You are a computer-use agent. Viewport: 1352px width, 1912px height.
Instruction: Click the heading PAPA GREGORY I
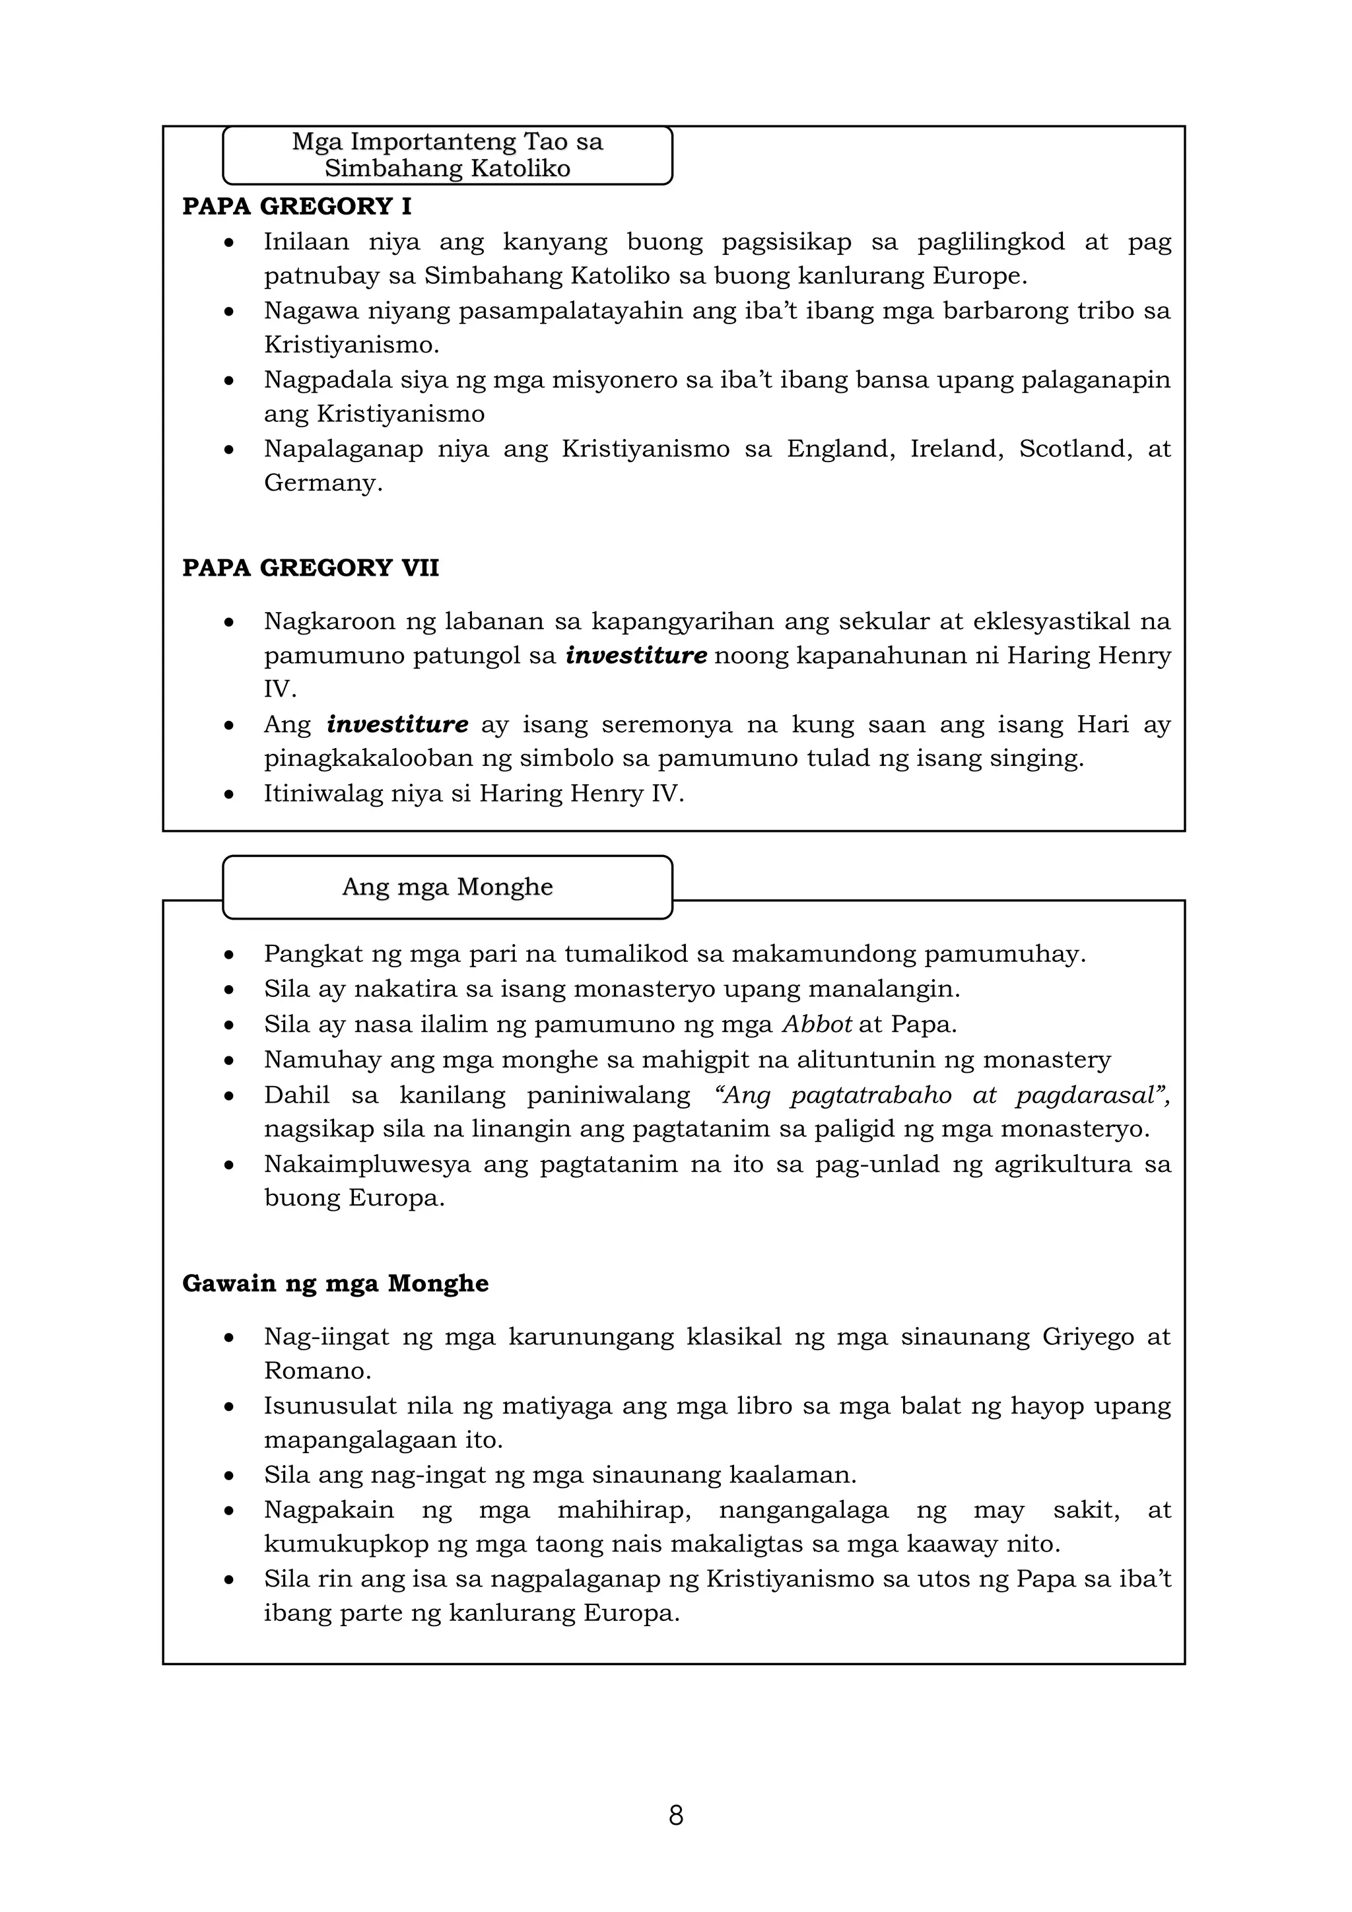pos(296,207)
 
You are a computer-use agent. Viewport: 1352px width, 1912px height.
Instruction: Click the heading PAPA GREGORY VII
pos(310,568)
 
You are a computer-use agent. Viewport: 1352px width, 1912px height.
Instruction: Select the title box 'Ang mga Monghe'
pos(447,887)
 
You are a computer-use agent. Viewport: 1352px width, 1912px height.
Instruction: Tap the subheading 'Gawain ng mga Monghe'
pos(335,1283)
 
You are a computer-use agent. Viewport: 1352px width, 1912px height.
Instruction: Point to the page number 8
pos(676,1816)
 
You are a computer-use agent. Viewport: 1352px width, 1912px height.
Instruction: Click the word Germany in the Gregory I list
pos(322,483)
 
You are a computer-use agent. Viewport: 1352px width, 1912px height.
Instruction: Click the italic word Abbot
pos(817,1024)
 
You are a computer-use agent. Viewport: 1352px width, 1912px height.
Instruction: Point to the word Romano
pos(316,1371)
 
